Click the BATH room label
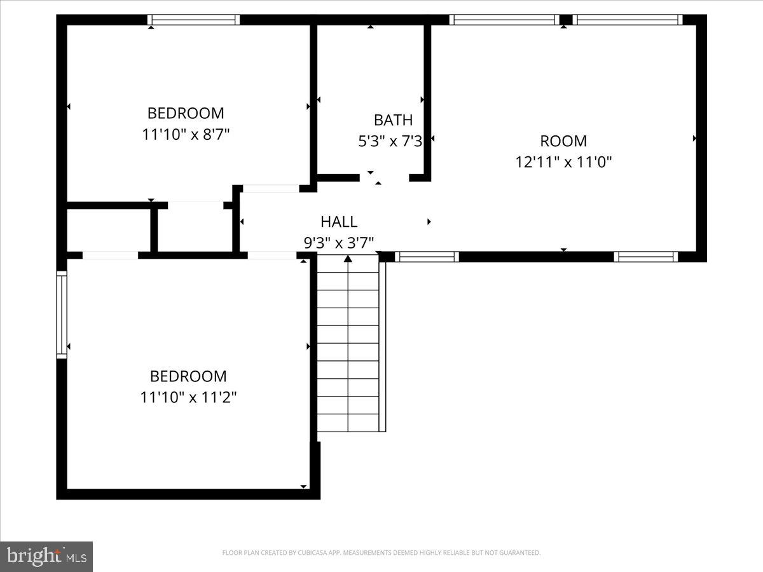tap(393, 119)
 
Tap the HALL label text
tap(339, 222)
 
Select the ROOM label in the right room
tap(563, 141)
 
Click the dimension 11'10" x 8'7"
tap(186, 135)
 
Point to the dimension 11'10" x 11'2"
tap(188, 398)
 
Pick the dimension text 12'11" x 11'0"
tap(563, 162)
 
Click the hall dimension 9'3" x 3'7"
tap(338, 242)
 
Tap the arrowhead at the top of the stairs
tap(348, 259)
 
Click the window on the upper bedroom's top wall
tap(193, 20)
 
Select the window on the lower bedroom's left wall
tap(62, 314)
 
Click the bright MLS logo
tap(46, 556)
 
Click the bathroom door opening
tap(384, 178)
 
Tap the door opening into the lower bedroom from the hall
tap(272, 255)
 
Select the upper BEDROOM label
tap(186, 113)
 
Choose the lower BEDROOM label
tap(188, 376)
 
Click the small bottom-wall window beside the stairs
tap(427, 257)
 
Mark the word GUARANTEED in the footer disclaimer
tap(520, 553)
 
